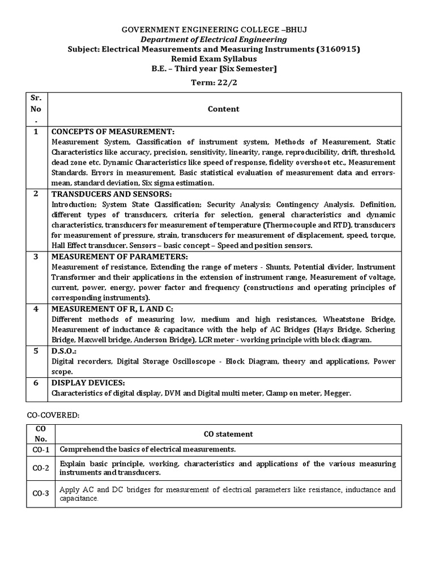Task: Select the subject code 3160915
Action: pos(335,49)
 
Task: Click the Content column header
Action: pos(224,109)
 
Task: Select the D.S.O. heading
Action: pos(64,351)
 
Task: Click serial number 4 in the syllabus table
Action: pos(36,309)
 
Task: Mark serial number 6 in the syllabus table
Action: pos(36,382)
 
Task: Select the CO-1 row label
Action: pos(41,449)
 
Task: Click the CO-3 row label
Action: pos(41,494)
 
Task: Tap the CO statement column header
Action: pos(228,434)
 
